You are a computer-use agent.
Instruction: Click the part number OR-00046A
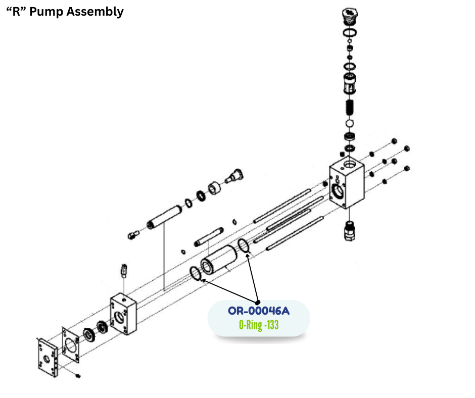point(259,311)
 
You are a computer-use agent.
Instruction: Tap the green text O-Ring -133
point(259,325)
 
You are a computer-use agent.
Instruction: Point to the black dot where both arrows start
point(258,302)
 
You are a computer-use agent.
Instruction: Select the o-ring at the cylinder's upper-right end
point(243,245)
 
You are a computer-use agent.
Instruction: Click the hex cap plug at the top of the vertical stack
point(349,16)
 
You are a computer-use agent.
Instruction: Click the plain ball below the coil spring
point(349,124)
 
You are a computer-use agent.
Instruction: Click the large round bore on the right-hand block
point(338,191)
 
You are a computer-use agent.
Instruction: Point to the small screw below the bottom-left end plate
point(77,376)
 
